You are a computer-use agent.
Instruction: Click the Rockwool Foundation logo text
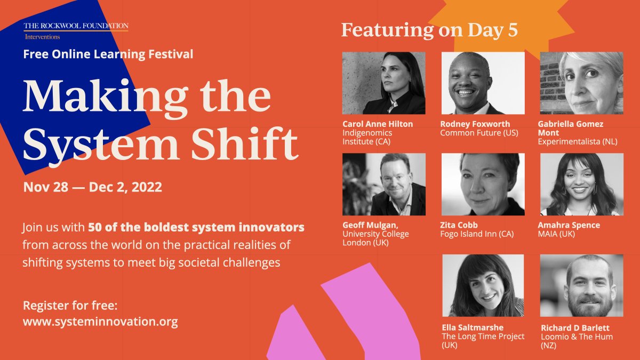(x=76, y=26)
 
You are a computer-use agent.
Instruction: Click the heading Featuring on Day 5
(x=429, y=30)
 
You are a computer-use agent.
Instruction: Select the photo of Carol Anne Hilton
(x=383, y=83)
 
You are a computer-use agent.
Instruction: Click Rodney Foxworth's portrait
(x=483, y=83)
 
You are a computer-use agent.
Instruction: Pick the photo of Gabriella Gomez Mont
(x=581, y=83)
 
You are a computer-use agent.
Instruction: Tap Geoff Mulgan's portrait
(x=383, y=184)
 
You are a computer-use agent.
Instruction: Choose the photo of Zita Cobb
(x=483, y=184)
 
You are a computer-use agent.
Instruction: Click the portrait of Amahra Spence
(x=581, y=184)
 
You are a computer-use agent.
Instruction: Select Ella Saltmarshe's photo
(x=483, y=285)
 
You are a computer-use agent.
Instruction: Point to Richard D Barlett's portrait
(x=581, y=285)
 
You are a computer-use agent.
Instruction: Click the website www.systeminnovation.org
(x=100, y=322)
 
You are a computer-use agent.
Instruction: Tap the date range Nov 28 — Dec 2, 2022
(x=93, y=188)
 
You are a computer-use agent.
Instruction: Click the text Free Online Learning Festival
(x=108, y=54)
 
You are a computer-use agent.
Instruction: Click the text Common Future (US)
(x=479, y=133)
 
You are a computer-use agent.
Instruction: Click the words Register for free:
(x=70, y=306)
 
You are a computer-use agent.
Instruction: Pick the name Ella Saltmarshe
(x=473, y=327)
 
